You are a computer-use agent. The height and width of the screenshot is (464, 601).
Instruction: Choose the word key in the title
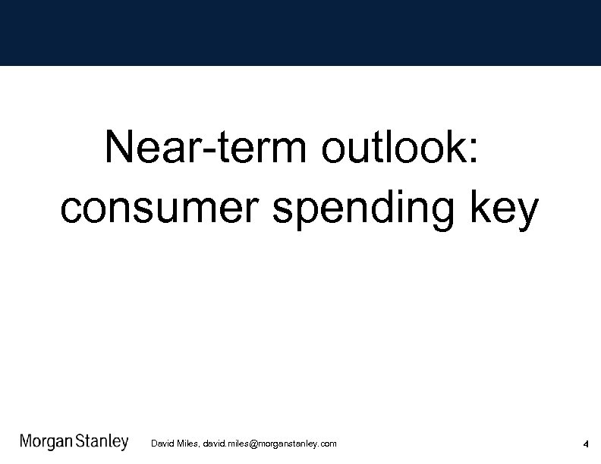(x=505, y=208)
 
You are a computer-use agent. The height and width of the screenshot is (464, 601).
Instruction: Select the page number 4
(x=586, y=444)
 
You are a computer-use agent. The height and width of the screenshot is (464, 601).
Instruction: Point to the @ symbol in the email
(x=253, y=444)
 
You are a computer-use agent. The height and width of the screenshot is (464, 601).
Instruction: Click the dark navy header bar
(x=300, y=33)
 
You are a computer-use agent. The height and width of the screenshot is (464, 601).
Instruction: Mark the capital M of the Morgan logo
(x=27, y=442)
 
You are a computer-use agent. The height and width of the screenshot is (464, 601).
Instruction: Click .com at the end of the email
(x=328, y=444)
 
